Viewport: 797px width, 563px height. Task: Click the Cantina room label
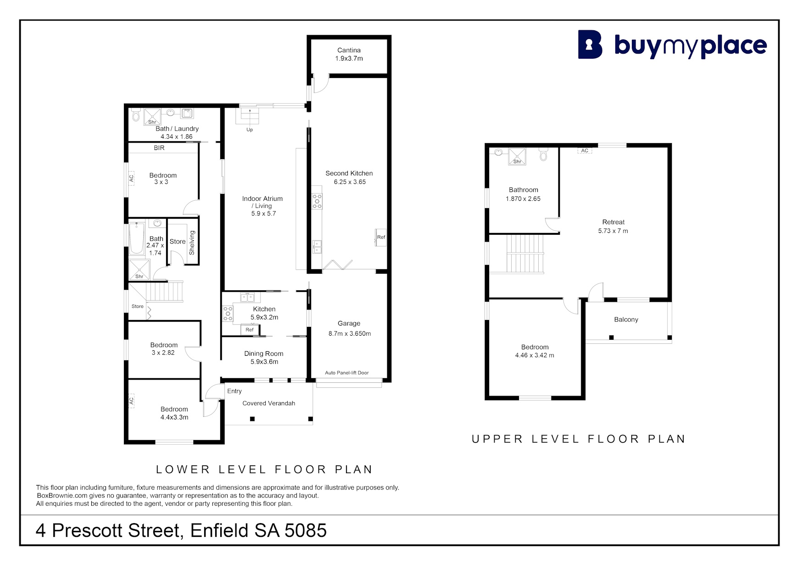pyautogui.click(x=349, y=50)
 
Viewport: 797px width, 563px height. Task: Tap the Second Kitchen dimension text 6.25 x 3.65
pyautogui.click(x=350, y=182)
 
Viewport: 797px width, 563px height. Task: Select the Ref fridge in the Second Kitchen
pyautogui.click(x=381, y=237)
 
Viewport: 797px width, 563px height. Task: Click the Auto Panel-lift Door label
pyautogui.click(x=347, y=373)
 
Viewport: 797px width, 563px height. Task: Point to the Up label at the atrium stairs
pyautogui.click(x=250, y=130)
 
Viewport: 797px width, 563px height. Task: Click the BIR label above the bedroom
pyautogui.click(x=159, y=148)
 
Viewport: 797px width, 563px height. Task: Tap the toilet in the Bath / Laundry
pyautogui.click(x=136, y=114)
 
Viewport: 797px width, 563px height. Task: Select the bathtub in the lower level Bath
pyautogui.click(x=136, y=238)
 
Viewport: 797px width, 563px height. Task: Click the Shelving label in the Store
pyautogui.click(x=192, y=243)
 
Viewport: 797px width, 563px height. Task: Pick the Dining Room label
pyautogui.click(x=264, y=353)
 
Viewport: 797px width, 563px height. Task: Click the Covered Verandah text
pyautogui.click(x=269, y=403)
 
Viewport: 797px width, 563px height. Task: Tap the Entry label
pyautogui.click(x=234, y=391)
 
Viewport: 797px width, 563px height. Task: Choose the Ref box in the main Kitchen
pyautogui.click(x=249, y=330)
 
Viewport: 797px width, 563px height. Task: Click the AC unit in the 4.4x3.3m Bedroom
pyautogui.click(x=131, y=401)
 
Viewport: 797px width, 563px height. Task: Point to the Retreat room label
pyautogui.click(x=613, y=222)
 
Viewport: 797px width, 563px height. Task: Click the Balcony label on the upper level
pyautogui.click(x=626, y=320)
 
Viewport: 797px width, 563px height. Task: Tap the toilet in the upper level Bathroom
pyautogui.click(x=543, y=155)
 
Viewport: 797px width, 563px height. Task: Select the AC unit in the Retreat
pyautogui.click(x=585, y=150)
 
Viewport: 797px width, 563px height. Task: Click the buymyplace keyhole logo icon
pyautogui.click(x=590, y=44)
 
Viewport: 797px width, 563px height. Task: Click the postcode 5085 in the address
pyautogui.click(x=306, y=530)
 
